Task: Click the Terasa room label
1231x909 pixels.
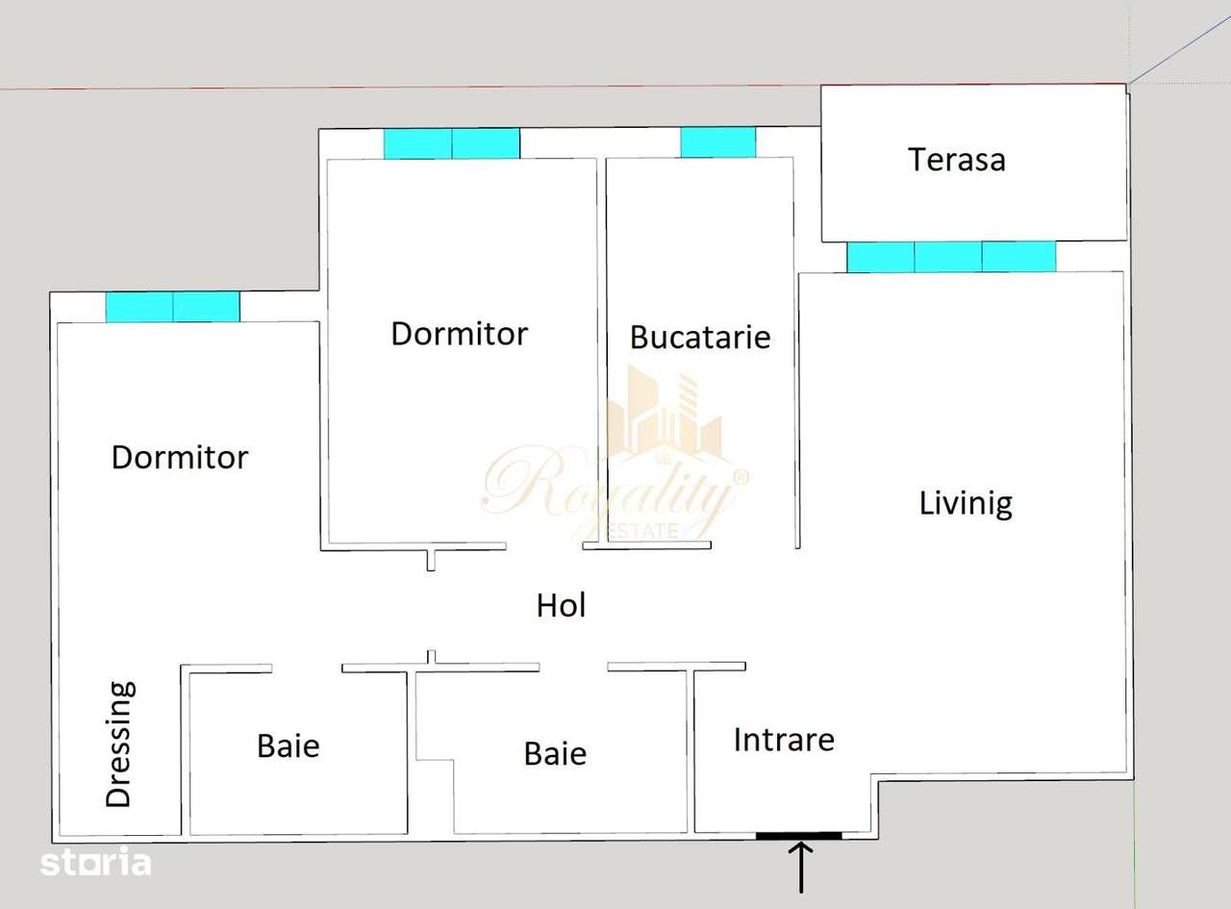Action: coord(956,159)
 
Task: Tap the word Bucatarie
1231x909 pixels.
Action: coord(699,337)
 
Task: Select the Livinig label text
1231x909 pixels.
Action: coord(966,503)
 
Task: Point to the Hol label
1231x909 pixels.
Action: coord(561,605)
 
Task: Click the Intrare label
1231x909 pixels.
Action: coord(783,740)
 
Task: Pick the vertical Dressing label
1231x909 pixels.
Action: coord(119,744)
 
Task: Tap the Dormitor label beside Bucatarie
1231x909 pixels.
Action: coord(459,334)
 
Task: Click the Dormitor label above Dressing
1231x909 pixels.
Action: coord(180,457)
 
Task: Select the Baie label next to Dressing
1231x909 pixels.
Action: coord(288,745)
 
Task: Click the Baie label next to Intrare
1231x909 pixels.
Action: coord(555,753)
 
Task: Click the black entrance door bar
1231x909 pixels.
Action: coord(798,836)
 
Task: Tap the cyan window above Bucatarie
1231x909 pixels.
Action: coord(717,142)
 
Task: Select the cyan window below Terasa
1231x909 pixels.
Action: coord(950,257)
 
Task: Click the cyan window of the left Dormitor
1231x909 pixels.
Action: coord(172,307)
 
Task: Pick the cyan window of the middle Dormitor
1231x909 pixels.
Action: coord(451,143)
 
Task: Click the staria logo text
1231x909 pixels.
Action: coord(95,863)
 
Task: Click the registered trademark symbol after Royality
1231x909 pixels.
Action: coord(740,476)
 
